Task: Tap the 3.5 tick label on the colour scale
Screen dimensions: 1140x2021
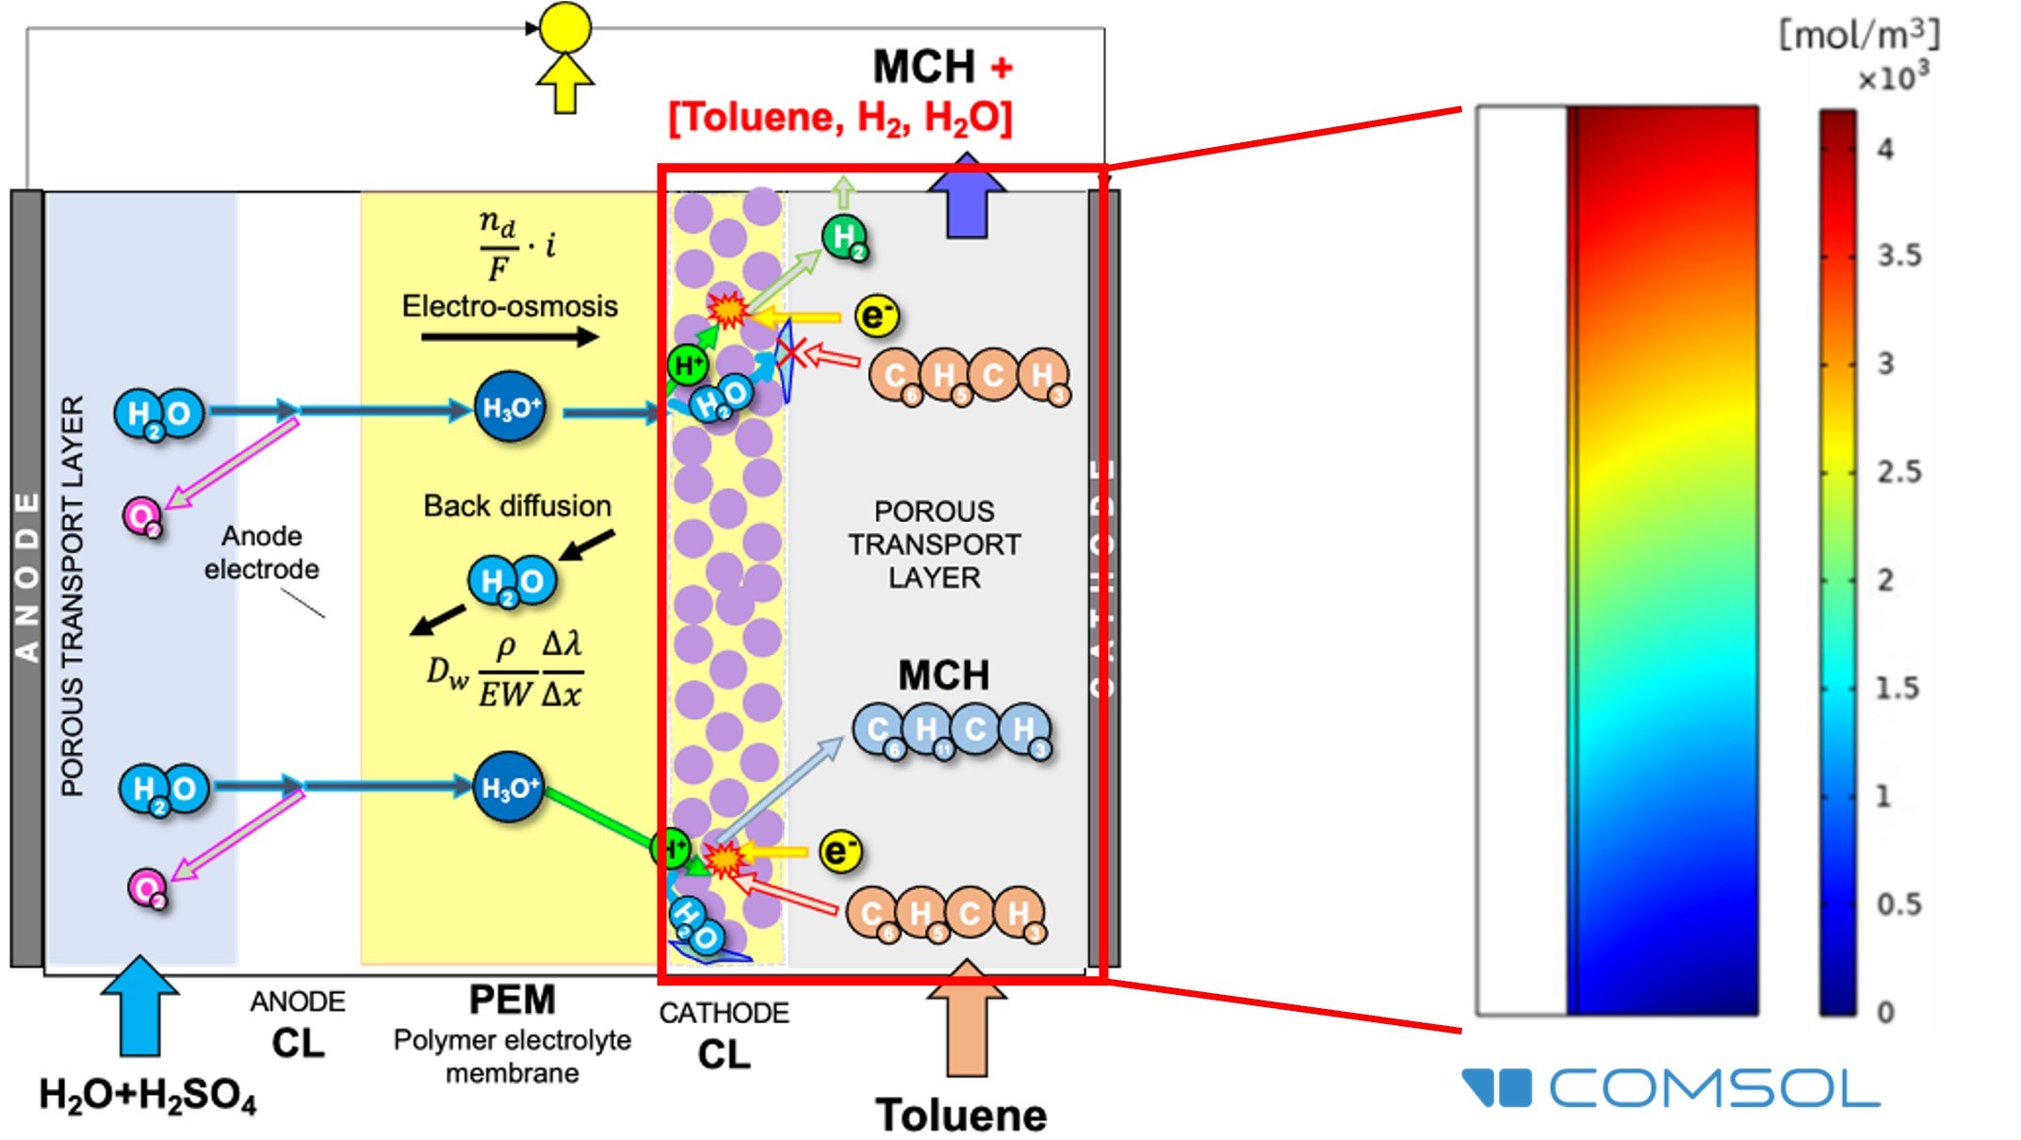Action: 1899,255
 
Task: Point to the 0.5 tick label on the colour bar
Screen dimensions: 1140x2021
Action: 1899,904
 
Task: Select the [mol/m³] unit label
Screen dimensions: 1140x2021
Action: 1858,36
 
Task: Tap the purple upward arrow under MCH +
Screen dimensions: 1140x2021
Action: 966,198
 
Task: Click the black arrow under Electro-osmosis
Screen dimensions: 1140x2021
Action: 510,336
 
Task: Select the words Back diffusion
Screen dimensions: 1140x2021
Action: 517,506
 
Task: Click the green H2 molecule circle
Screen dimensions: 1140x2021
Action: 844,236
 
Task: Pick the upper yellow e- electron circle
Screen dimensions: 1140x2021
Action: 876,316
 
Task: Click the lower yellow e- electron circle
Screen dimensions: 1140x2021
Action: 839,852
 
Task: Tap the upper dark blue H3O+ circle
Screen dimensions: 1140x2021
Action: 510,407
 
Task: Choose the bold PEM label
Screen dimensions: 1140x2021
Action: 513,1000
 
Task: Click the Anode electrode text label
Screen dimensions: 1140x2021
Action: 261,552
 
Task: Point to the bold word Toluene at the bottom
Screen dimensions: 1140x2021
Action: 961,1116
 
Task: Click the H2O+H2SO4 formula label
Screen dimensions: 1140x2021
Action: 147,1096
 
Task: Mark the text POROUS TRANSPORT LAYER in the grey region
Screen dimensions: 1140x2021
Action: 934,545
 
